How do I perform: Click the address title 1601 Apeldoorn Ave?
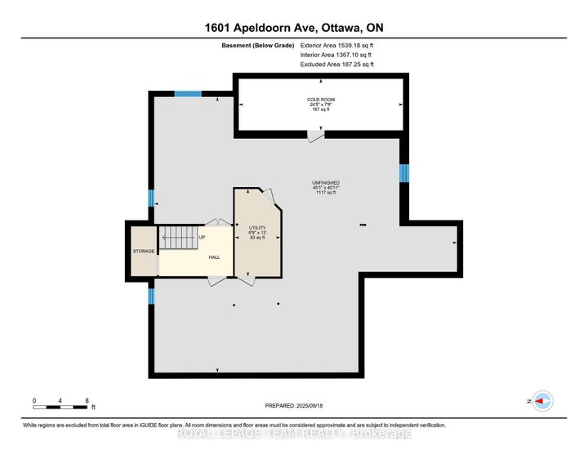(293, 26)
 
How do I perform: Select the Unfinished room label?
(325, 183)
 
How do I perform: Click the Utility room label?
(257, 228)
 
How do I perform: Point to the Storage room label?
(144, 251)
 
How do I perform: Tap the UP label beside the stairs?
(203, 238)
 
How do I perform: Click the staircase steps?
(179, 239)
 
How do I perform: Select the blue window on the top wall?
(188, 94)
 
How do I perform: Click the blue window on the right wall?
(403, 173)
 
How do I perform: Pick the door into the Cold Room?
(314, 136)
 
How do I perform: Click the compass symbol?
(543, 401)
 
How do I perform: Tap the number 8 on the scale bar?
(87, 400)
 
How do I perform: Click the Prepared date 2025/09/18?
(294, 406)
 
